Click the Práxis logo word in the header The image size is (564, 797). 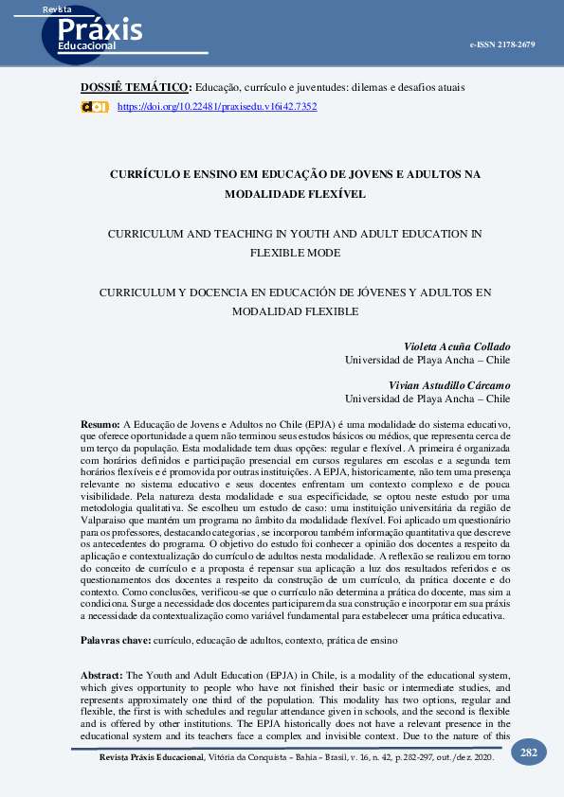coord(100,27)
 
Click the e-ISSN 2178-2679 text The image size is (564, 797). coord(502,44)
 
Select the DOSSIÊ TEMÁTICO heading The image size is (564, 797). coord(136,87)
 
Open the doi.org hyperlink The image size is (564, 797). coord(216,107)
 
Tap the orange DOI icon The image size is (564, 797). coord(94,107)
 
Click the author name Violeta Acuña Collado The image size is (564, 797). coord(458,346)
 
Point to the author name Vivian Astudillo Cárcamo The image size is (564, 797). coord(450,385)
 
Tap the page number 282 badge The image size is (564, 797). coord(529,753)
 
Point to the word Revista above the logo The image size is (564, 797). coord(57,9)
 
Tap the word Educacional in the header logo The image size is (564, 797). coord(86,45)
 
